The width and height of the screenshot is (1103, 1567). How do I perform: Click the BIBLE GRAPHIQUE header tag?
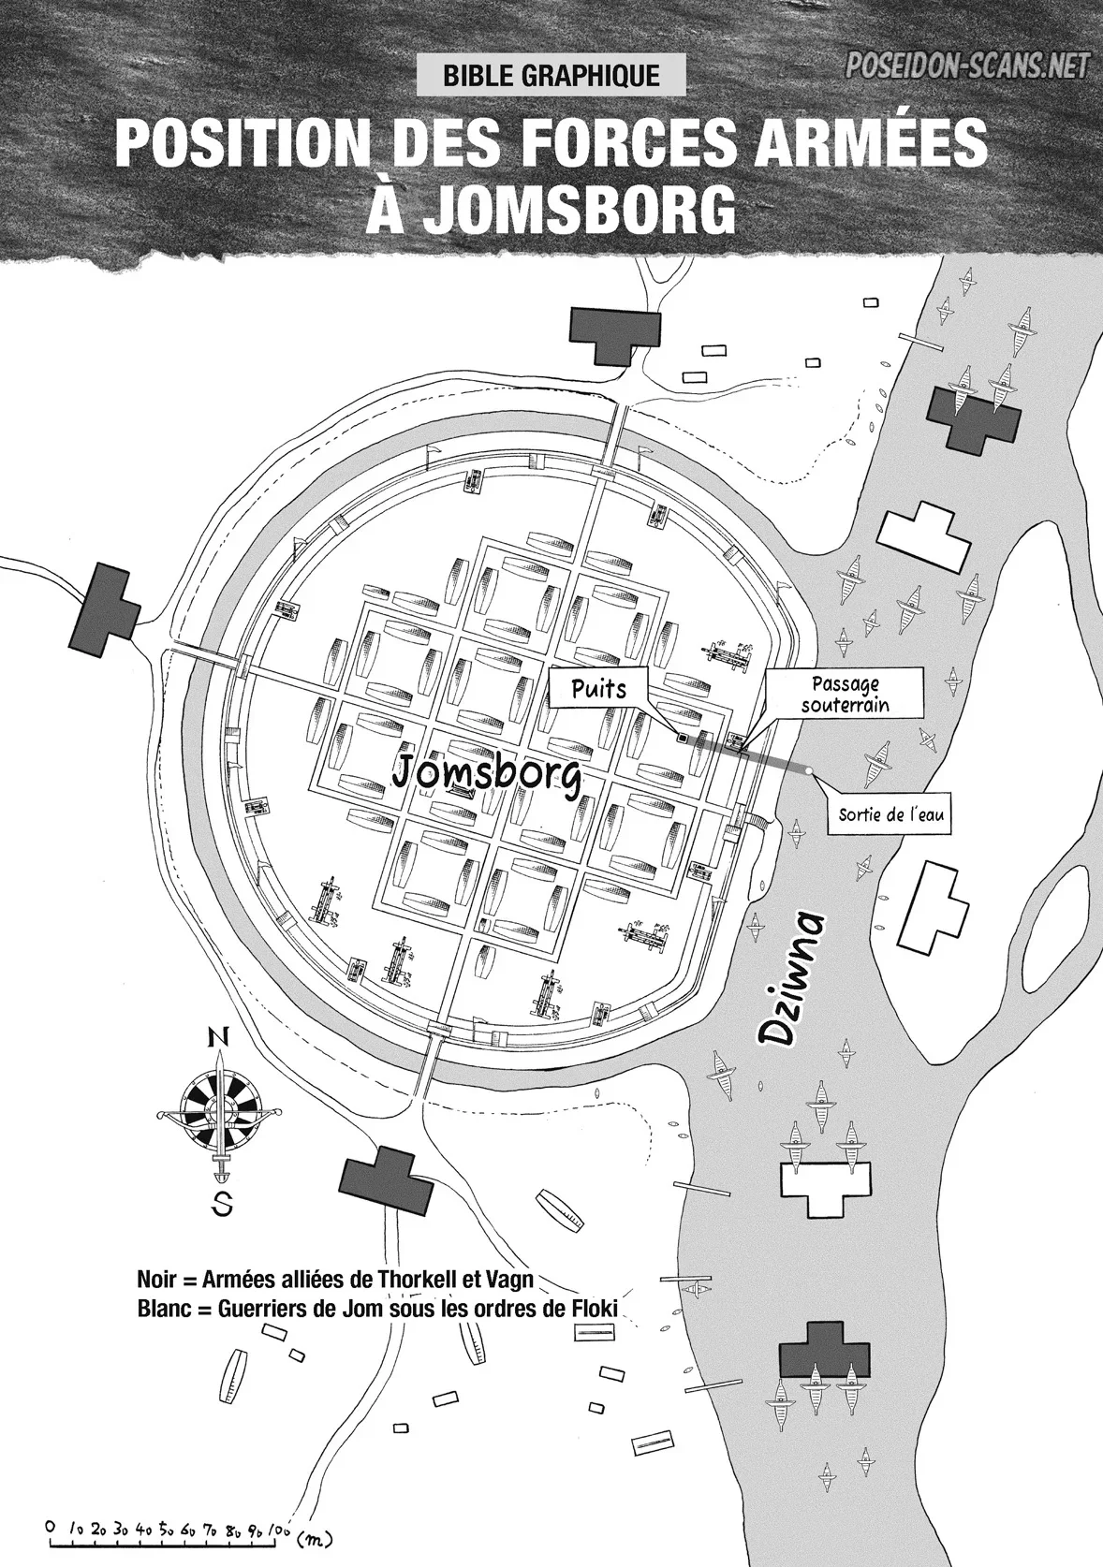[x=551, y=75]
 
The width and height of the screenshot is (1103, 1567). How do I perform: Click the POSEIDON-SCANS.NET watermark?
[x=968, y=66]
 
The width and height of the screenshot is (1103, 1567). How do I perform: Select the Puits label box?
[x=597, y=690]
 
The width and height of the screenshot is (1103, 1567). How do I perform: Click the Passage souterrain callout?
[x=846, y=695]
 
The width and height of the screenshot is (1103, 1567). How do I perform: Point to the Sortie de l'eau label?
[x=890, y=815]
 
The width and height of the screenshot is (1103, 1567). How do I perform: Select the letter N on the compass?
[x=218, y=1039]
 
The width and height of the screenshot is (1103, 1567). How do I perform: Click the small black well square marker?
[x=681, y=736]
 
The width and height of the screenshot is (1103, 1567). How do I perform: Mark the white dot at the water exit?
[x=809, y=771]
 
